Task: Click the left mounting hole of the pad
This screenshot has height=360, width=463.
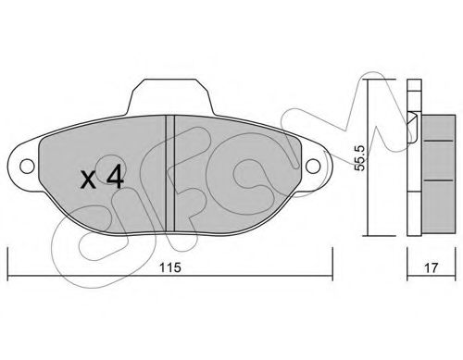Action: coord(27,166)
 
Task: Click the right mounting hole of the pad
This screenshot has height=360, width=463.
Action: coord(313,166)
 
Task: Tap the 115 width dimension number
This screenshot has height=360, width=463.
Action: coord(170,267)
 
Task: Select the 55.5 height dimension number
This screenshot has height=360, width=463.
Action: coord(360,157)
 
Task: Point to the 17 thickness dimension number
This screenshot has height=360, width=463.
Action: coord(432,267)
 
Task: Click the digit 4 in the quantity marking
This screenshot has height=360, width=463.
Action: coord(115,177)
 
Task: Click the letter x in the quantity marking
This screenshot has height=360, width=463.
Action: coord(88,180)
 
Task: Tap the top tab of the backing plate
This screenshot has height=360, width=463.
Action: coord(170,96)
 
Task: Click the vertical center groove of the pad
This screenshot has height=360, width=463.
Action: coord(170,173)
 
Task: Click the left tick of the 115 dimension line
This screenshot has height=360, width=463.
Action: coord(7,264)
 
